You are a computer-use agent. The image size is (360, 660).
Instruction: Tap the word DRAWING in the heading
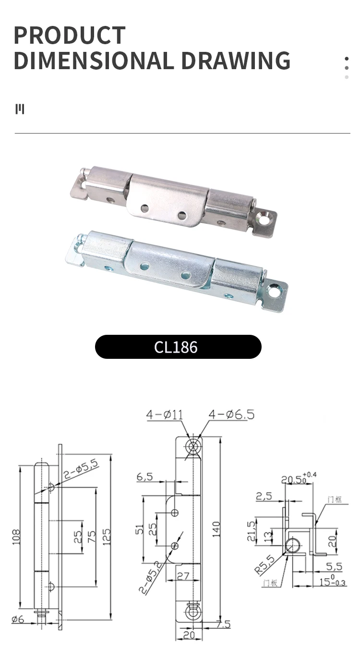pos(236,61)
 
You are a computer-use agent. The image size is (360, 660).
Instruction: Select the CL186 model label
pos(176,347)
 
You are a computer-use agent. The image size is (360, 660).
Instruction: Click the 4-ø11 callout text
pos(165,415)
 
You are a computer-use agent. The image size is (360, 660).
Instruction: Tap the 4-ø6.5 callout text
pos(231,415)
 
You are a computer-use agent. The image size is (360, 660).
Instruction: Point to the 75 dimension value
pos(91,536)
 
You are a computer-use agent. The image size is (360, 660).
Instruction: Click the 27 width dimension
pos(183,575)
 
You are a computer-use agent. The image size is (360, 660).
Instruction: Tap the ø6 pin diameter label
pos(17,619)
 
